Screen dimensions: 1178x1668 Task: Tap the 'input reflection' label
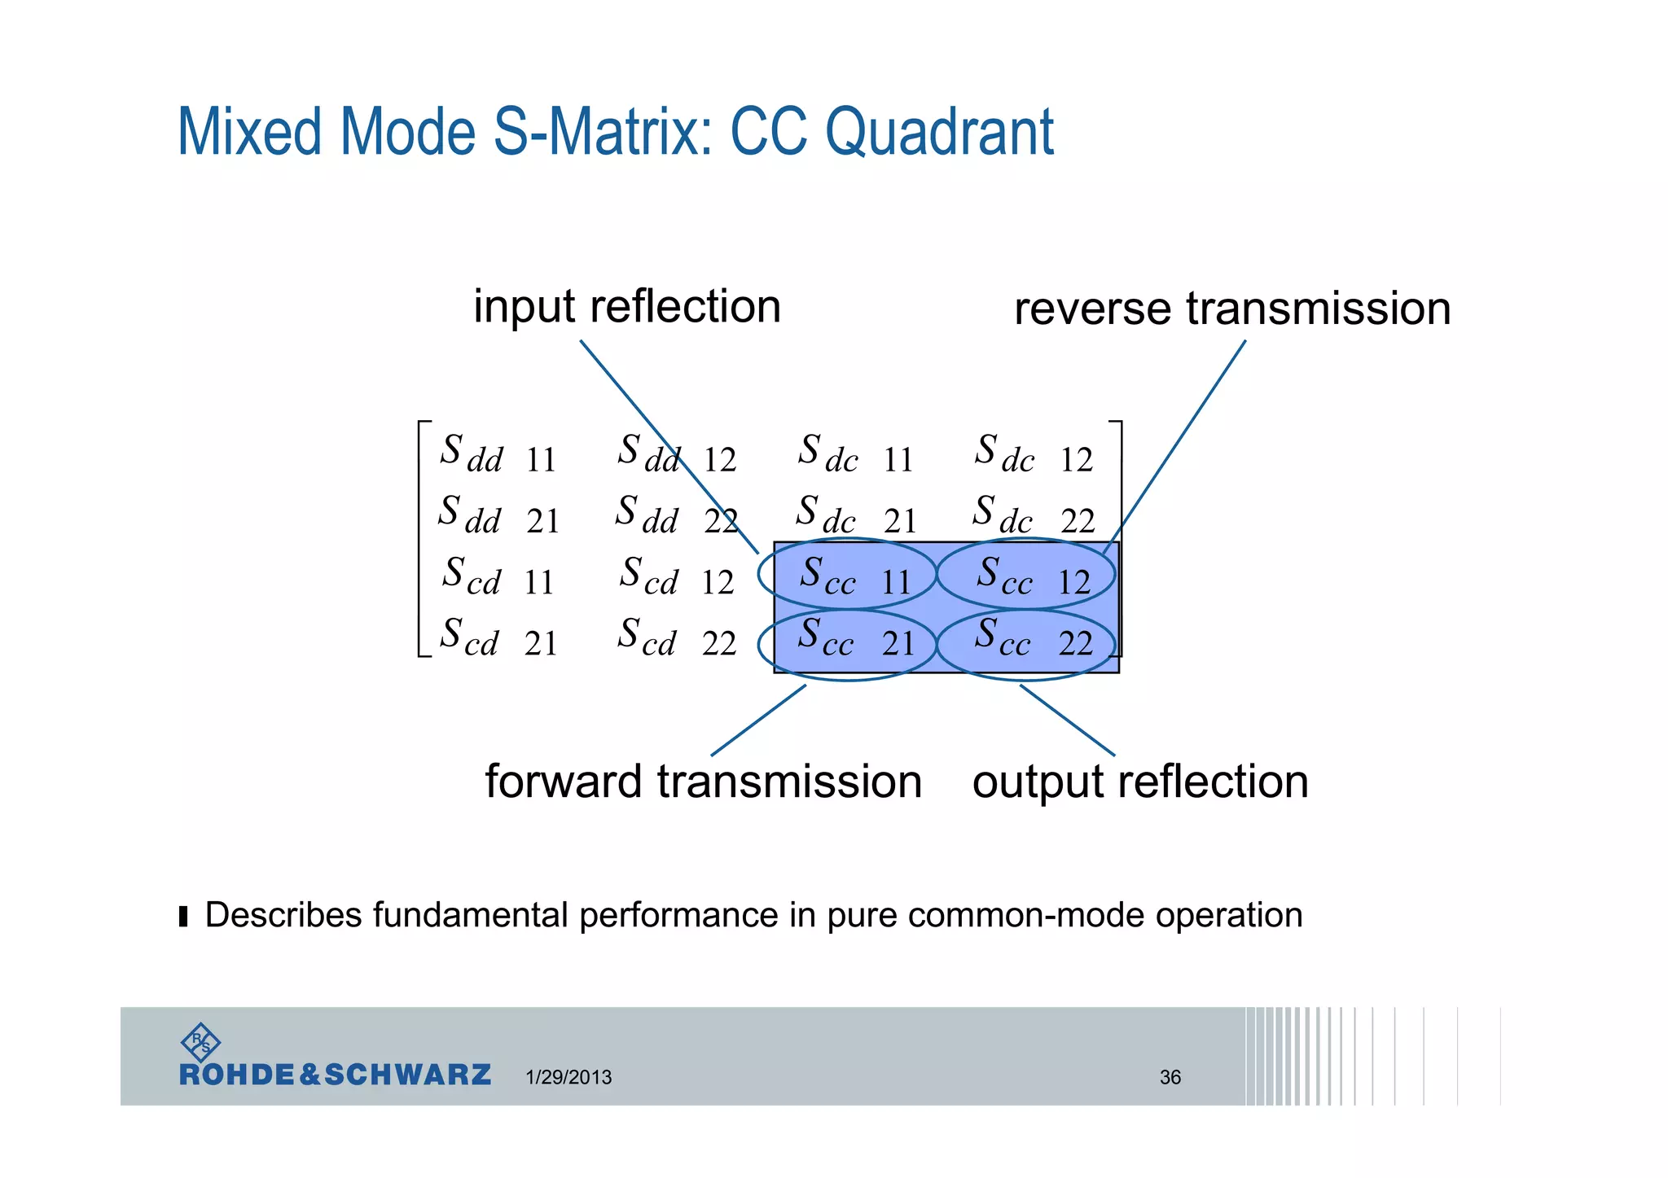(x=627, y=307)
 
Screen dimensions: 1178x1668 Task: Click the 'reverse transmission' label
(x=1231, y=309)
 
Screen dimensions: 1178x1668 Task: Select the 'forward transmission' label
(x=703, y=782)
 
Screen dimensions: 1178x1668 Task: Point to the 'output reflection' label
(x=1140, y=782)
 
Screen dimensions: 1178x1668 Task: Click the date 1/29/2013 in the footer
(x=568, y=1077)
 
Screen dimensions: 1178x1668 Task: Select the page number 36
(x=1170, y=1077)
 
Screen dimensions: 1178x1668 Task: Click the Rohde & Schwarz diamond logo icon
(x=200, y=1042)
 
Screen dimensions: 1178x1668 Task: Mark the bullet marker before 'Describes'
(x=183, y=917)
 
